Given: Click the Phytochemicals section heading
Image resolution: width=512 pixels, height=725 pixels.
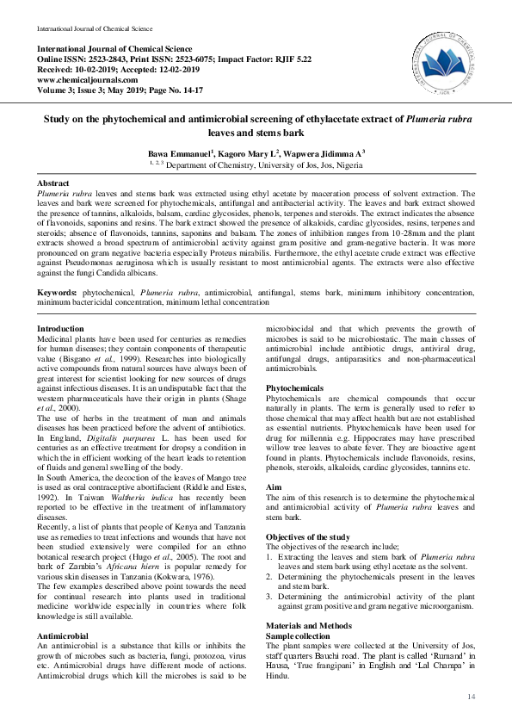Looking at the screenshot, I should [294, 389].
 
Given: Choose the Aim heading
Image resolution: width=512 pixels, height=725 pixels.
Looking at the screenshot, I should [274, 486].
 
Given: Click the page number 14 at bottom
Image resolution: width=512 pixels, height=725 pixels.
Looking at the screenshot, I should [471, 696].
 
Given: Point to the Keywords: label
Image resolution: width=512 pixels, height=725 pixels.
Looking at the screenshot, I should [58, 293].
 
